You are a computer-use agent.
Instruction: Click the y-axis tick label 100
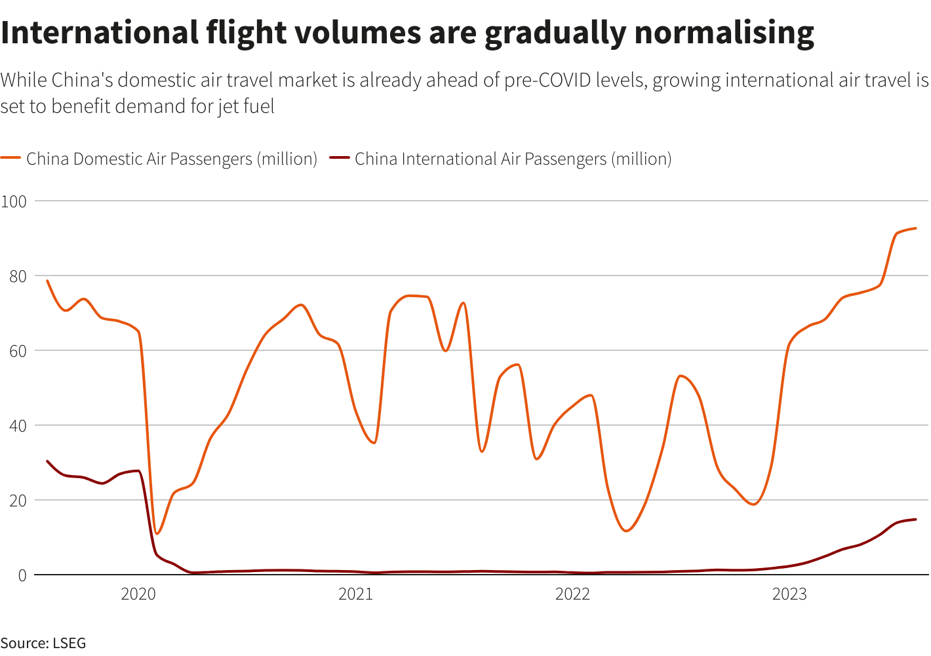tap(14, 201)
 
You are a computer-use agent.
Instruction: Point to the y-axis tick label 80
tap(18, 276)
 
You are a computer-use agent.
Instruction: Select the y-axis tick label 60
tap(18, 351)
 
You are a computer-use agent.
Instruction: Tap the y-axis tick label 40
tap(18, 426)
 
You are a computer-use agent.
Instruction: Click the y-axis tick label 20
tap(18, 501)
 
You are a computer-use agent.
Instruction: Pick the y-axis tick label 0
tap(22, 575)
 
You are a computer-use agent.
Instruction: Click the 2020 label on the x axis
tap(138, 594)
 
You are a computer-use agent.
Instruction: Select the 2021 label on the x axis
tap(355, 594)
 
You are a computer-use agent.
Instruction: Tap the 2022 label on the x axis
tap(572, 594)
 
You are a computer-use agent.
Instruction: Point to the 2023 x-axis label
tap(789, 594)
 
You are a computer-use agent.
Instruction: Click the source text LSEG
tap(68, 643)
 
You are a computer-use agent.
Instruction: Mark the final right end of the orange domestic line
tap(915, 228)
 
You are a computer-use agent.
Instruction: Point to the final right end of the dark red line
tap(915, 520)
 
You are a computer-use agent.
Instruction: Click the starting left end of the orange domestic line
tap(47, 281)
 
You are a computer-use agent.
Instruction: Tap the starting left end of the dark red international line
tap(47, 461)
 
